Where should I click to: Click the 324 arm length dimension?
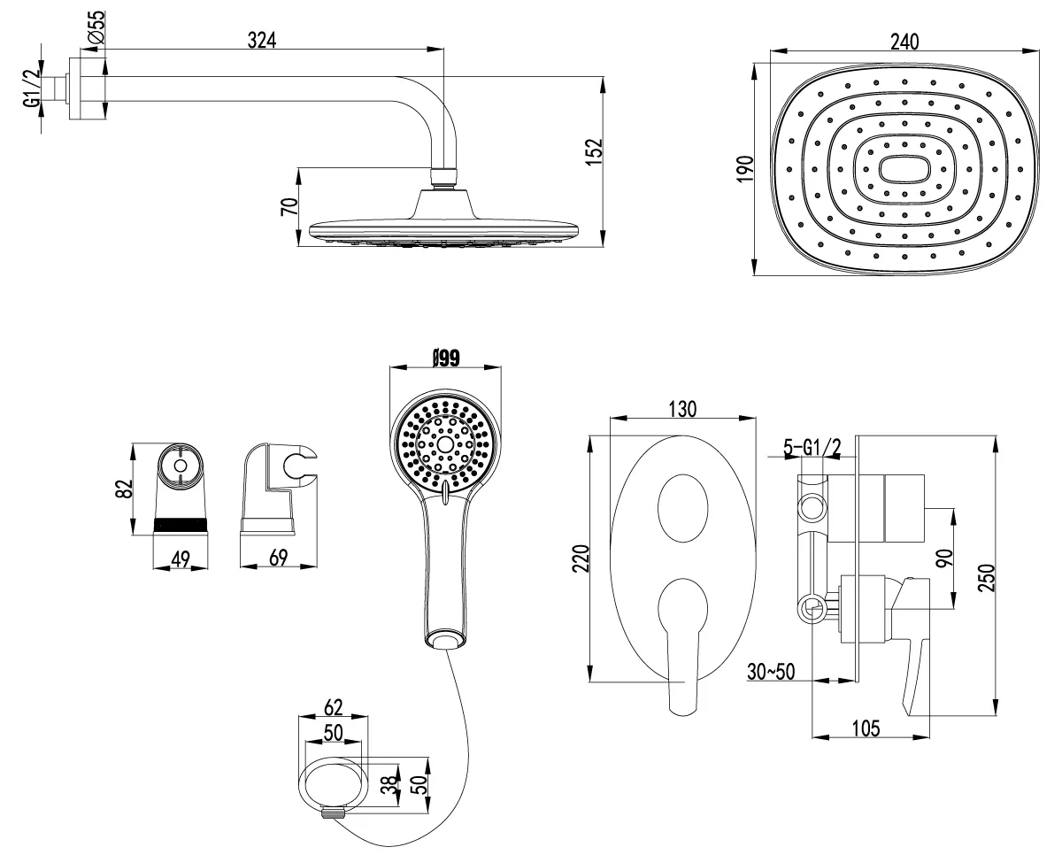tap(262, 41)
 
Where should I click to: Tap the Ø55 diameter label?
tap(96, 27)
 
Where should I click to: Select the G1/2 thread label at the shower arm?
tap(31, 88)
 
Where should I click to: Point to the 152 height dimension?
tap(596, 151)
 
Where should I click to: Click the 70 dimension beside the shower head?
tap(289, 206)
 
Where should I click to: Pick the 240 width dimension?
tap(904, 42)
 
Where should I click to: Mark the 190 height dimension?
tap(744, 169)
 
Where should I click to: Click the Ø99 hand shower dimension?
tap(446, 358)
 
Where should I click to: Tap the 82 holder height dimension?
tap(125, 489)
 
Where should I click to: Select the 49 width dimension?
tap(181, 559)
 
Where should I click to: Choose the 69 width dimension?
tap(278, 558)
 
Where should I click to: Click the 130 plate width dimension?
tap(682, 409)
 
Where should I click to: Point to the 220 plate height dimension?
tap(581, 558)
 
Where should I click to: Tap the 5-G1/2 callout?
tap(812, 448)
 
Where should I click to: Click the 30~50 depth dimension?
tap(771, 672)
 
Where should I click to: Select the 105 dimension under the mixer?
tap(866, 728)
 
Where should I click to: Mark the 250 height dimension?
tap(986, 578)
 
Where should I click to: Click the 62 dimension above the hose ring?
tap(333, 707)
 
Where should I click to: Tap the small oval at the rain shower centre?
tap(904, 169)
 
